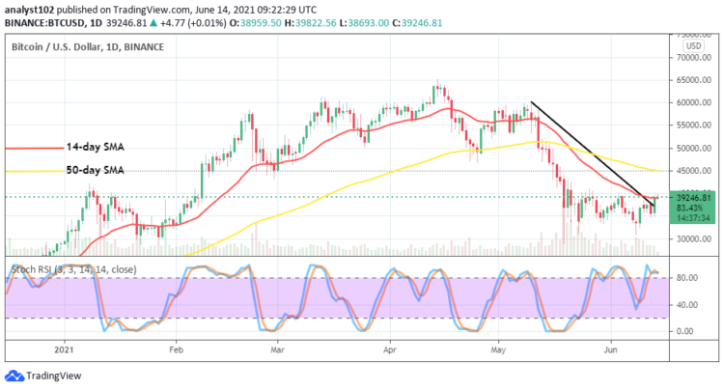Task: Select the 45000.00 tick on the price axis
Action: click(692, 171)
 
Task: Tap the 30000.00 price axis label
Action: click(692, 238)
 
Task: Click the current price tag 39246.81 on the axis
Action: click(692, 197)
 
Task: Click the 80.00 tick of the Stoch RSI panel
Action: click(687, 278)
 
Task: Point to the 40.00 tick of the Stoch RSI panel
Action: click(687, 305)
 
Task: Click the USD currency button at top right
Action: click(691, 45)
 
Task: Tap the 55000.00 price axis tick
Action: click(692, 125)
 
